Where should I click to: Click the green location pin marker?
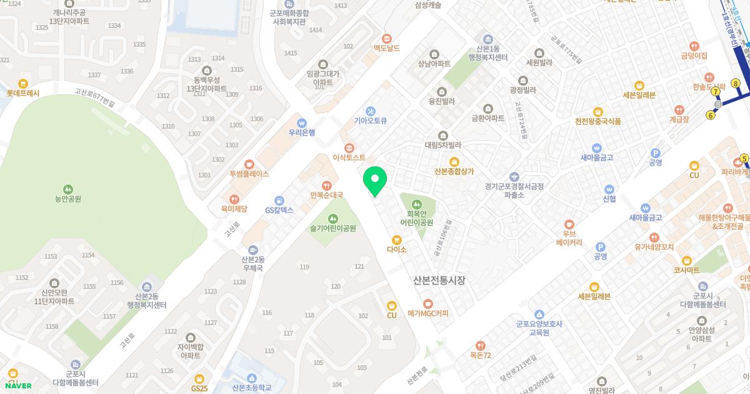click(x=375, y=181)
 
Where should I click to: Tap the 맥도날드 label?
click(x=386, y=48)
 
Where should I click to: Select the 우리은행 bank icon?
click(x=302, y=123)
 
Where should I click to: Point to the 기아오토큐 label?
click(x=371, y=121)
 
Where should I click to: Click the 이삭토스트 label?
click(x=349, y=158)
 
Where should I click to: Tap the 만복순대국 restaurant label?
click(x=326, y=195)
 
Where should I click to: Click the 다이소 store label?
click(x=396, y=250)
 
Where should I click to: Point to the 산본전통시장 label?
click(x=439, y=280)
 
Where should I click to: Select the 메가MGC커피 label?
click(x=427, y=313)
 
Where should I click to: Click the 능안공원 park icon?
click(x=67, y=188)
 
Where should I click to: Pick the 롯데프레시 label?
click(x=23, y=93)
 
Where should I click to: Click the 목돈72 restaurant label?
click(x=481, y=355)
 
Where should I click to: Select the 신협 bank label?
click(x=609, y=199)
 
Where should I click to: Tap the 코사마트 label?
click(x=686, y=270)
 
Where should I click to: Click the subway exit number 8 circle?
click(x=736, y=84)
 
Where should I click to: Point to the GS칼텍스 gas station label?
click(x=279, y=210)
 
